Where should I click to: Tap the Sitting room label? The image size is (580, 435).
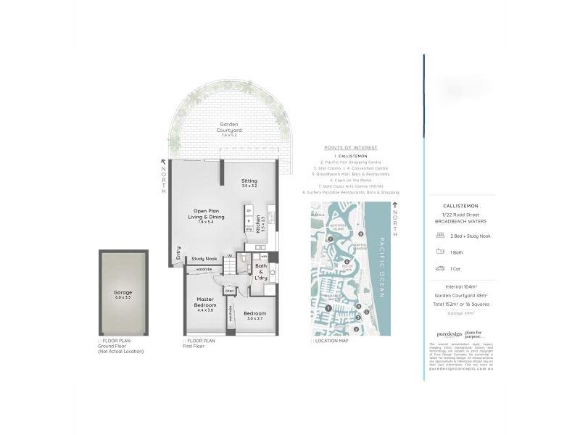pyautogui.click(x=249, y=184)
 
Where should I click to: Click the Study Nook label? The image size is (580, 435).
pyautogui.click(x=204, y=259)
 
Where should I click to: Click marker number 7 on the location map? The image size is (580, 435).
pyautogui.click(x=330, y=239)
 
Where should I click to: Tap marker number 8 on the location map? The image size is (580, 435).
pyautogui.click(x=360, y=234)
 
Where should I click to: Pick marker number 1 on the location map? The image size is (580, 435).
pyautogui.click(x=330, y=308)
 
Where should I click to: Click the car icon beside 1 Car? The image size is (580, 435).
pyautogui.click(x=440, y=268)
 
